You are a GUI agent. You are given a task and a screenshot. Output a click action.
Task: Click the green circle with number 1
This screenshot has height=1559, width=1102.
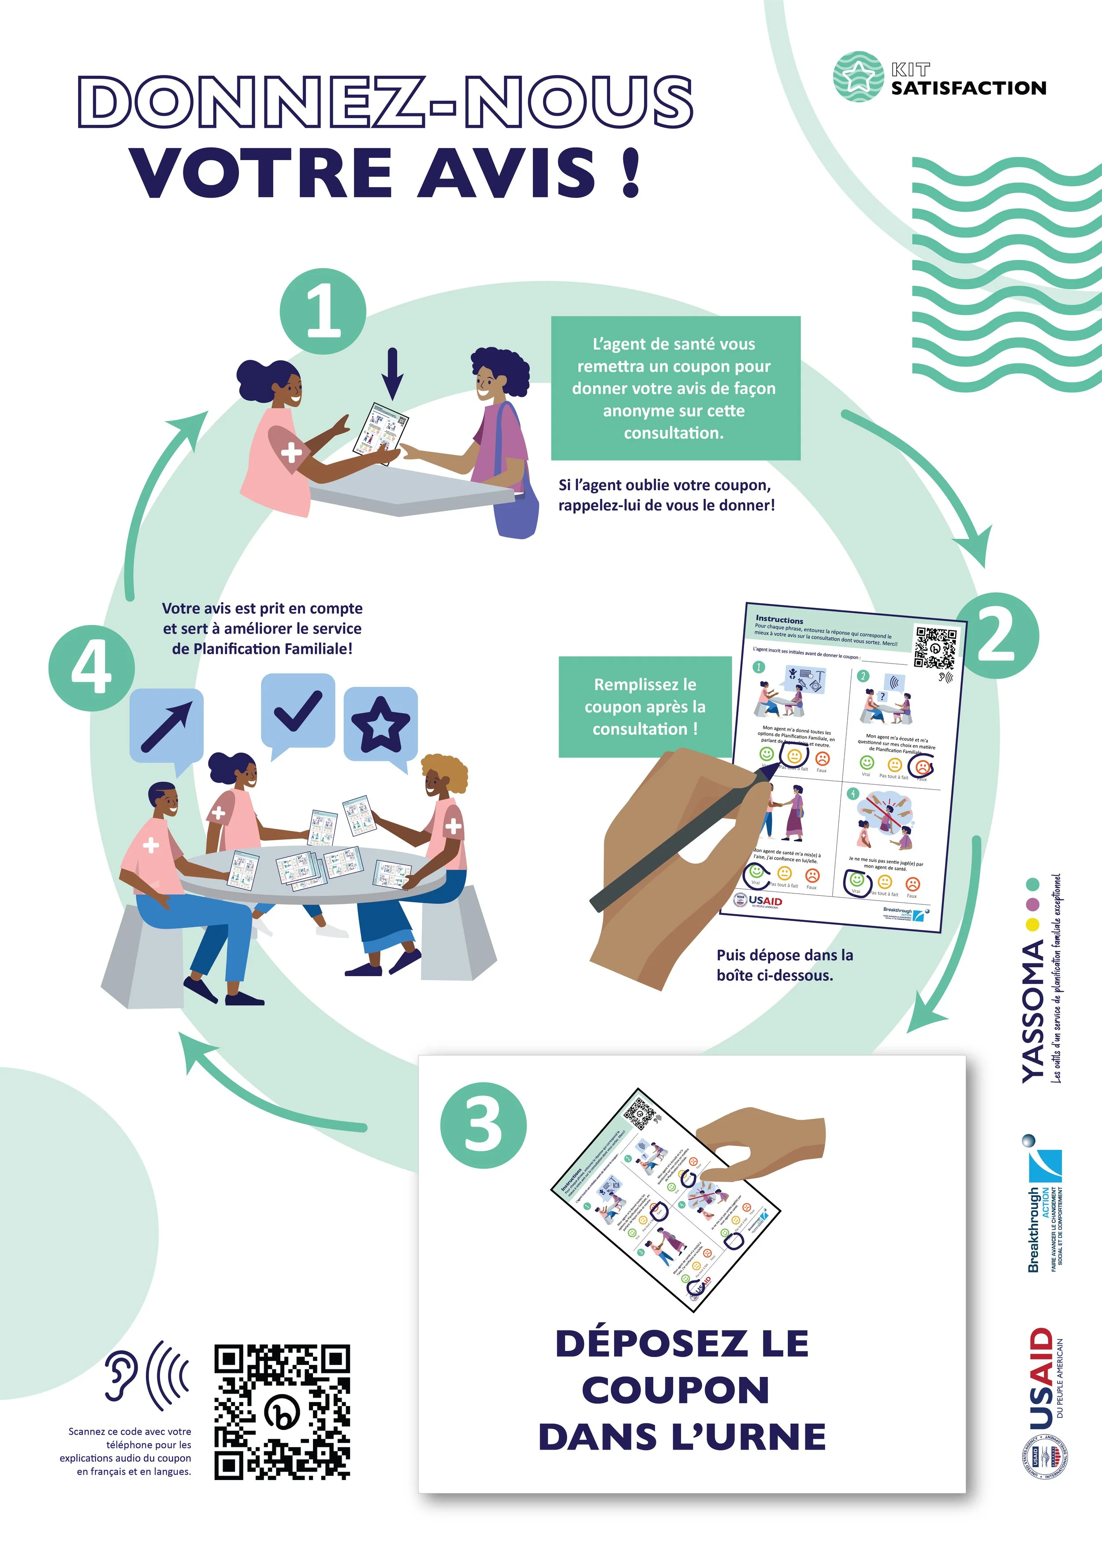(323, 312)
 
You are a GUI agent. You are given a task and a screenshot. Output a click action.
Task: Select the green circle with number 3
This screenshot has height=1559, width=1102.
(484, 1126)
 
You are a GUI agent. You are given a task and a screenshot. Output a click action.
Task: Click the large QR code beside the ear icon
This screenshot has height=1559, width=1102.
(283, 1412)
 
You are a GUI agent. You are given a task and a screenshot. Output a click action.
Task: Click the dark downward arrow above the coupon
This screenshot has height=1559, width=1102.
(392, 374)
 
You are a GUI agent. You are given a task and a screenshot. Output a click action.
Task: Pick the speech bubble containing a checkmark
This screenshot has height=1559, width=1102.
(298, 712)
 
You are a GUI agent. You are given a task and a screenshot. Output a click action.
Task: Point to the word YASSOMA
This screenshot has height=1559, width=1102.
(1032, 1011)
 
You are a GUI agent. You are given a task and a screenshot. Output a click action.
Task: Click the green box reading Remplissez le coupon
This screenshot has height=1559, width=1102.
(645, 706)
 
